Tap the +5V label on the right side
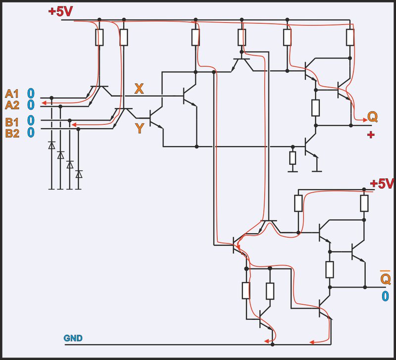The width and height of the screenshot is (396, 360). [383, 184]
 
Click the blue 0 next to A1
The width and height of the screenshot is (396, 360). [31, 93]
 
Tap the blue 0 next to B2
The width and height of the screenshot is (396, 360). [31, 132]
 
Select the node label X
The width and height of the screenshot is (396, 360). [140, 89]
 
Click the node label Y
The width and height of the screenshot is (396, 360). [140, 128]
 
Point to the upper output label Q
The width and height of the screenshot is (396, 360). [373, 117]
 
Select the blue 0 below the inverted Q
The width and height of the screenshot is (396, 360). [385, 297]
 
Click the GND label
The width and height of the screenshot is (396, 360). [73, 339]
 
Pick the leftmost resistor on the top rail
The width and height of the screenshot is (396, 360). [99, 37]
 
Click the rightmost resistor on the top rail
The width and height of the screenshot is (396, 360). [350, 37]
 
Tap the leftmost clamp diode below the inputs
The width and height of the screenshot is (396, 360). [51, 146]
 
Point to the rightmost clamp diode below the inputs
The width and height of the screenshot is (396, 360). [79, 174]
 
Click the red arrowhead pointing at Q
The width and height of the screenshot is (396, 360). [361, 119]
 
